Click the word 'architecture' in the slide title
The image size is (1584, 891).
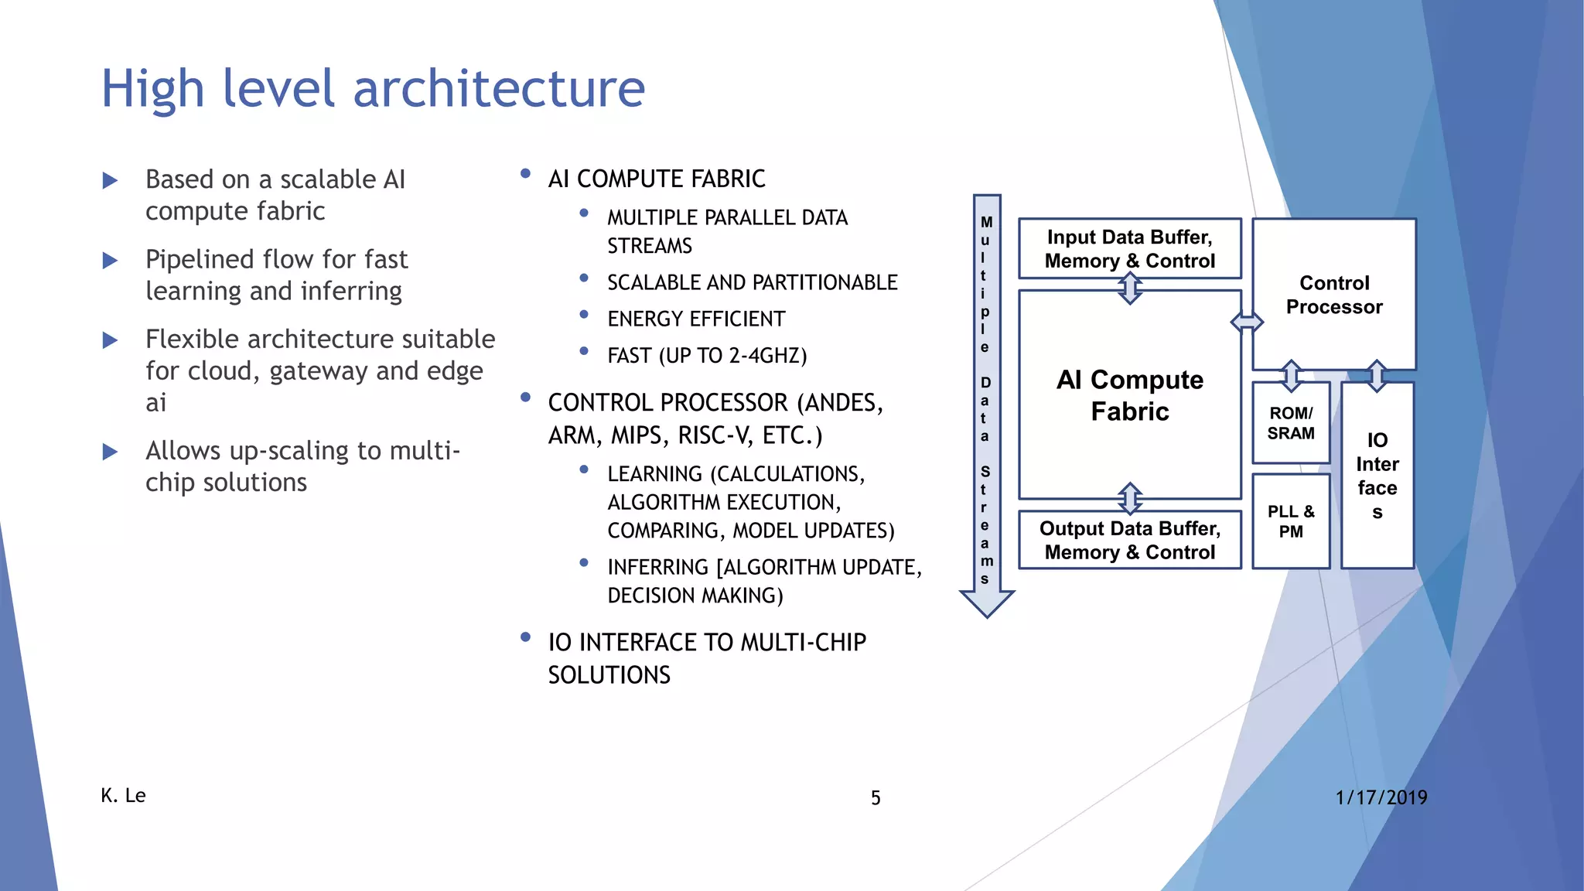pos(499,88)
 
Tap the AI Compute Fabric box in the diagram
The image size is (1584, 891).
pos(1129,395)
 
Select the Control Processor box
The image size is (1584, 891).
pos(1333,295)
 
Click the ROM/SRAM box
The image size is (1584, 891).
pos(1290,423)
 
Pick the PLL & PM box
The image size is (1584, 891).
pos(1290,521)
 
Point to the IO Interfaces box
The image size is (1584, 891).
pos(1377,476)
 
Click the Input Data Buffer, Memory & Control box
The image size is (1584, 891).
pos(1129,248)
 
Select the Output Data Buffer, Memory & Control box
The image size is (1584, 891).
pos(1129,540)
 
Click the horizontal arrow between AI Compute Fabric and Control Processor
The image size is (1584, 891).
pos(1246,322)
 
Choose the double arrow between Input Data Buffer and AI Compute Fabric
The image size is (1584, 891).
pos(1130,288)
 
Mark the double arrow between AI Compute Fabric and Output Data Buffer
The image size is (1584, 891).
pos(1130,498)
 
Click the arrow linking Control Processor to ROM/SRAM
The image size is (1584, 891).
pos(1291,375)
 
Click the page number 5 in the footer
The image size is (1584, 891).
pos(876,797)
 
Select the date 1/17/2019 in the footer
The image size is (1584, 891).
pos(1381,797)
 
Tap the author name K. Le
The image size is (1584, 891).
pos(123,795)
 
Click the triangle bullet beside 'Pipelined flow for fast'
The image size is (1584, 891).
pos(110,261)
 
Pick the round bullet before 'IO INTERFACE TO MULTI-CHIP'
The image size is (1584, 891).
pos(525,638)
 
